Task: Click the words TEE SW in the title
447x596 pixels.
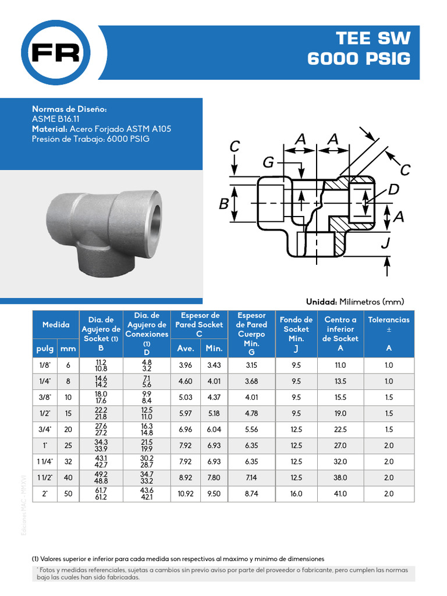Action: [372, 39]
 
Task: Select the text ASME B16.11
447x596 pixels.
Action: [56, 119]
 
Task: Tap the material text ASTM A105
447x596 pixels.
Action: [148, 129]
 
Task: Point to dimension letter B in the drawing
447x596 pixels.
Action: [223, 204]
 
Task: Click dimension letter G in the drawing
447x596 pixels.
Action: [268, 163]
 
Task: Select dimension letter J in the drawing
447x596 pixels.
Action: [385, 243]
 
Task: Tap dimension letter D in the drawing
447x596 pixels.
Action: [393, 190]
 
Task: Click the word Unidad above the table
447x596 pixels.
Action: [321, 301]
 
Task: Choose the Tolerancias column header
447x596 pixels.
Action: [389, 320]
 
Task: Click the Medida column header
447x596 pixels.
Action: [56, 325]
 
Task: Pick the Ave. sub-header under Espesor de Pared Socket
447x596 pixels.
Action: [185, 349]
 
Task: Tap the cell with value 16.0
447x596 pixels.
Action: [296, 494]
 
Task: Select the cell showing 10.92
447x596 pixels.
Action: [185, 494]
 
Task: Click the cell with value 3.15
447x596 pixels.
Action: [251, 366]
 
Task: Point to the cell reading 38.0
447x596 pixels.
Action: [340, 478]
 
